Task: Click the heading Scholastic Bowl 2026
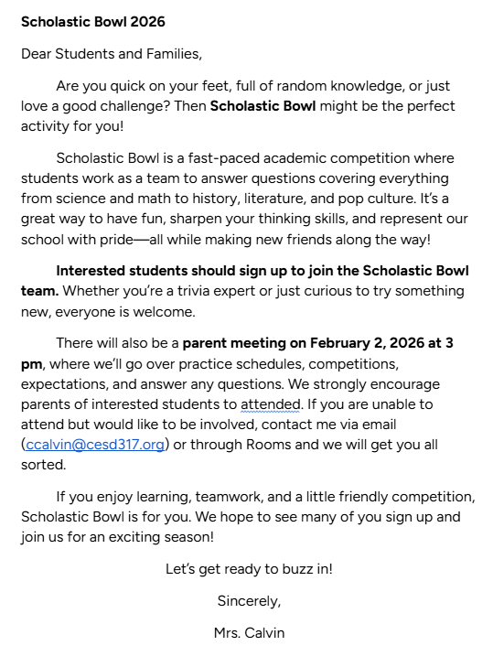(93, 21)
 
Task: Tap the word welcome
(162, 311)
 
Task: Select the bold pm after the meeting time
(32, 363)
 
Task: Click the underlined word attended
(270, 403)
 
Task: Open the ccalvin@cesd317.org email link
(94, 444)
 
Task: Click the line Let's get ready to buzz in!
(249, 569)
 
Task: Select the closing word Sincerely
(249, 601)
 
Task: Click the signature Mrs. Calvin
(249, 633)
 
